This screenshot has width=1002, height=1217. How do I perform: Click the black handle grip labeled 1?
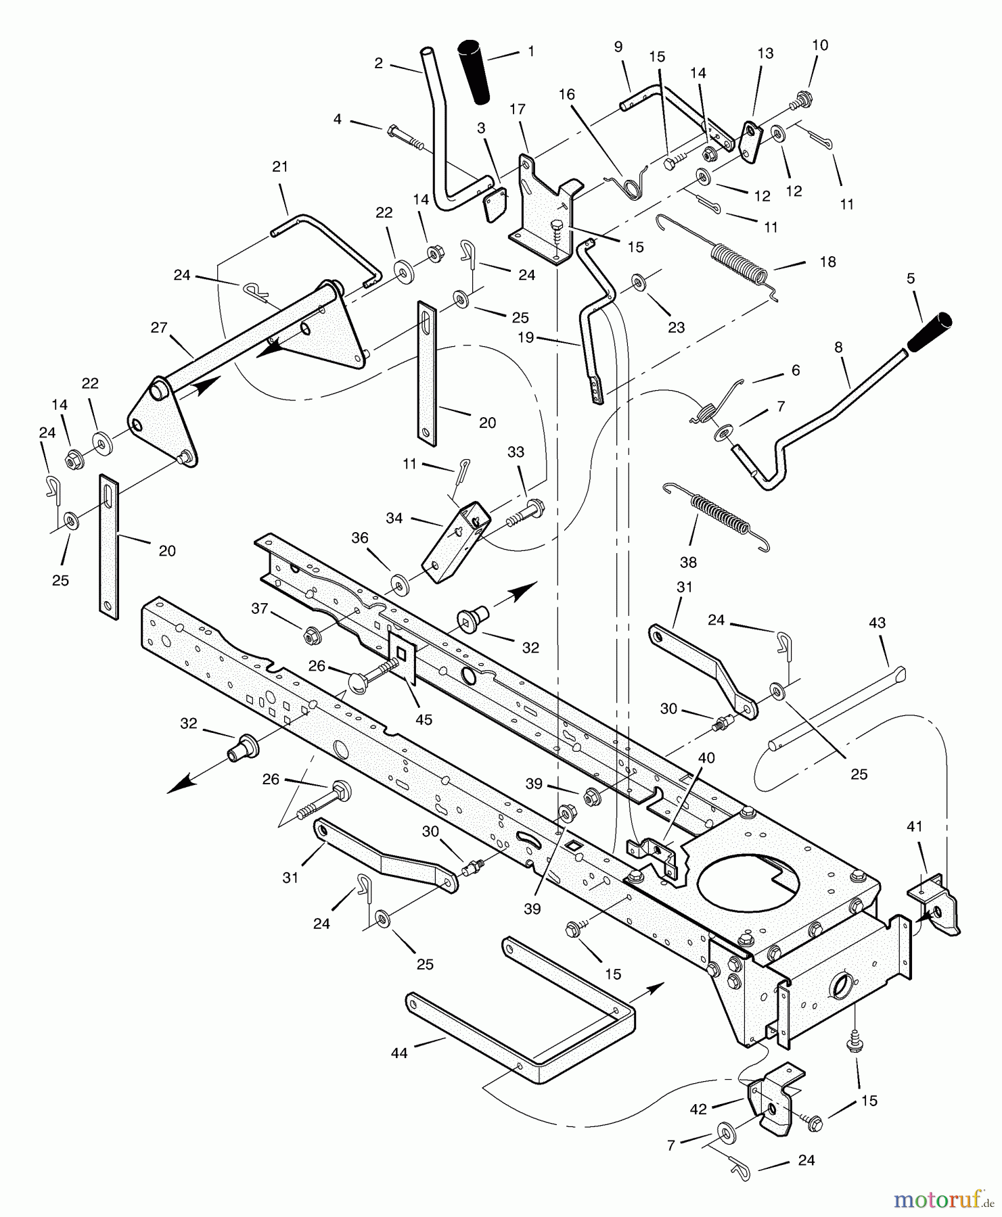[x=476, y=72]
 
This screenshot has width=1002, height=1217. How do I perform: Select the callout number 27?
[x=159, y=328]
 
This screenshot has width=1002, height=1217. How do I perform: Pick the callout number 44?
[x=399, y=1053]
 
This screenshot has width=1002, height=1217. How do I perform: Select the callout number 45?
[x=424, y=719]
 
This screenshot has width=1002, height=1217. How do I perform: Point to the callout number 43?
[x=877, y=623]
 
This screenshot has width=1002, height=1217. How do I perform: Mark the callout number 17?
[x=518, y=109]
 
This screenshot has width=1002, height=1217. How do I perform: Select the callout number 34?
[x=394, y=518]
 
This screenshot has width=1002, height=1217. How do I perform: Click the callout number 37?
[x=260, y=608]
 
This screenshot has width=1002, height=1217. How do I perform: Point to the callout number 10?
[x=819, y=45]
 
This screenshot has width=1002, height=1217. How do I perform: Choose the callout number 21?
[x=280, y=167]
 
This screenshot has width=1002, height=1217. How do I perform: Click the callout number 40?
[x=706, y=759]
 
